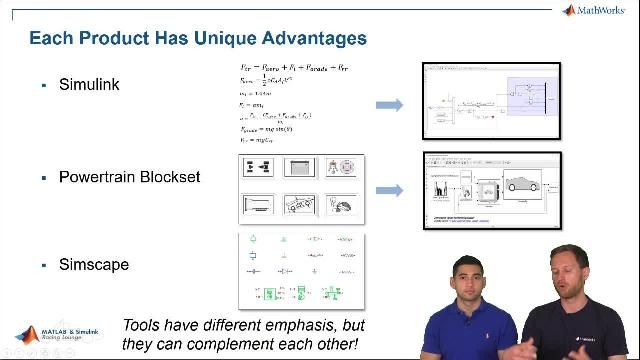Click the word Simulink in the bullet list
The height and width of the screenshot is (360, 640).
[x=89, y=85]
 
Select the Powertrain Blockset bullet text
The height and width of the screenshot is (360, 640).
[x=129, y=177]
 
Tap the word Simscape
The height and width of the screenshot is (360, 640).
[x=94, y=265]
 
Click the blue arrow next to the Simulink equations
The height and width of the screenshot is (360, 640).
[x=389, y=105]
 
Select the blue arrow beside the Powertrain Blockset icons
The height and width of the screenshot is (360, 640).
[x=389, y=190]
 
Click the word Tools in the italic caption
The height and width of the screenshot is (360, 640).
[x=142, y=326]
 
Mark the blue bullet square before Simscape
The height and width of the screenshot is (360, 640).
[x=44, y=266]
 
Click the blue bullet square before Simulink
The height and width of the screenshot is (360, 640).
[x=44, y=86]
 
